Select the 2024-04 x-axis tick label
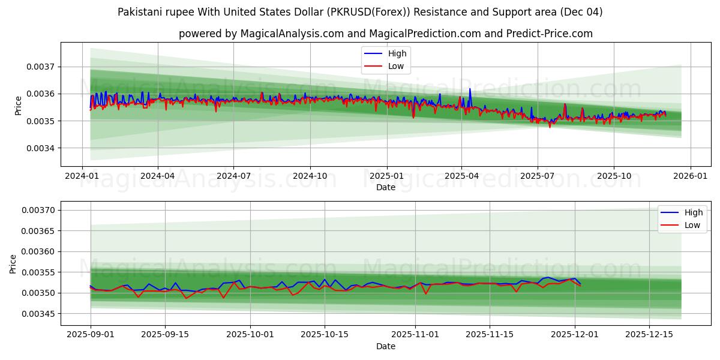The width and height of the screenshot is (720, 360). (158, 176)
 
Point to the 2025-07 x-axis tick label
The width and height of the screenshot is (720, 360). (537, 176)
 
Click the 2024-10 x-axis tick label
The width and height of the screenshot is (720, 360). (310, 176)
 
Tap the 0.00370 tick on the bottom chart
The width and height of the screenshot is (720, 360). (38, 210)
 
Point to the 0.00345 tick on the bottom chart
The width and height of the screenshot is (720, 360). (38, 314)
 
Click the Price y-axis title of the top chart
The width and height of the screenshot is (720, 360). (18, 106)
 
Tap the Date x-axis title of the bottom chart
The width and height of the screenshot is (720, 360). (385, 346)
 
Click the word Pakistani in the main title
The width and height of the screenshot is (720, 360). (142, 12)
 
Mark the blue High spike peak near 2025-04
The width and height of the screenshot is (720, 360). (470, 89)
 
